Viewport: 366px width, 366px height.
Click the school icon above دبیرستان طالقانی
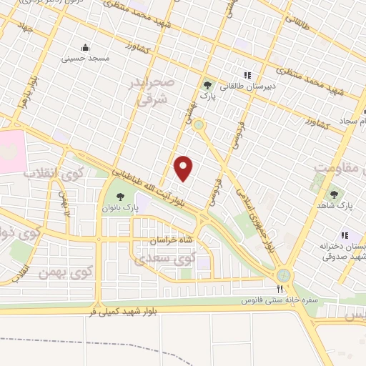248,75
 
